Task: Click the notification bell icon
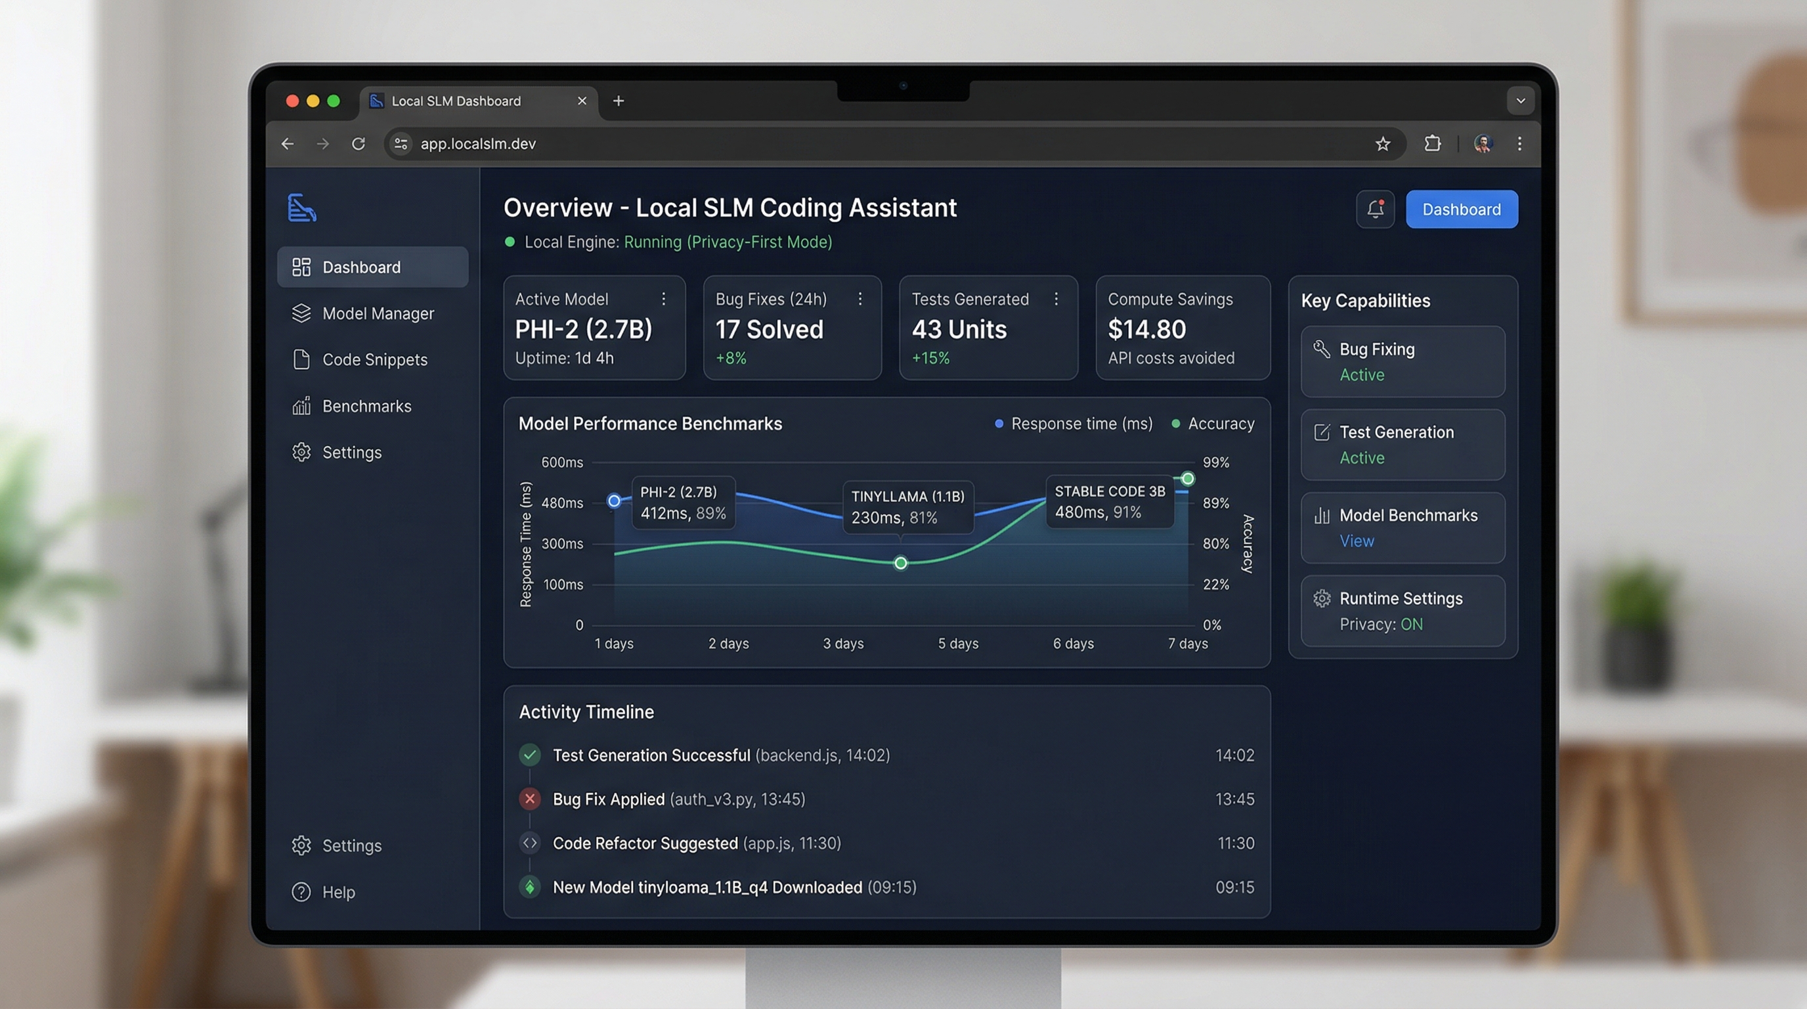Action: (1375, 209)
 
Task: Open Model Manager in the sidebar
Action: (378, 313)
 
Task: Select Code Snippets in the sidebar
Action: (374, 360)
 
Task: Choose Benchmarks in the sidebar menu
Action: (366, 406)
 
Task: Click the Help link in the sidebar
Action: (338, 892)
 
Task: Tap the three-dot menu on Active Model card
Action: (664, 299)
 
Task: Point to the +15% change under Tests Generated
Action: (930, 358)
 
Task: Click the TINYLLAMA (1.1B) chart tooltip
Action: (907, 506)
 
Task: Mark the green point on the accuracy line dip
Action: (901, 563)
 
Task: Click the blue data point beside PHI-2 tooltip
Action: (614, 501)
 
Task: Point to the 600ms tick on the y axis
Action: (562, 462)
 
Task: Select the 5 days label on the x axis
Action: (957, 643)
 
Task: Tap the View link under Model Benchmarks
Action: (1356, 541)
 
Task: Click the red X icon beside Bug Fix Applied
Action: (530, 799)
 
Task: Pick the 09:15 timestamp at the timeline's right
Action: (1234, 887)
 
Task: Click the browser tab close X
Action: (582, 101)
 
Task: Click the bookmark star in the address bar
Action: (1382, 144)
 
